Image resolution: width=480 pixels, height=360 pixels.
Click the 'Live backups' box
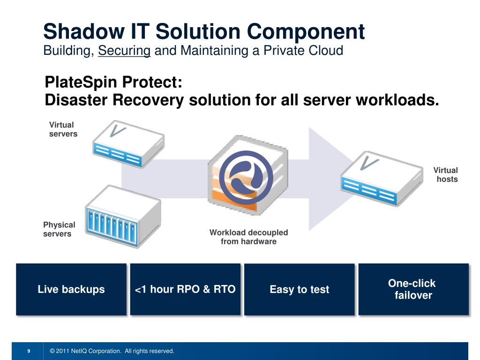click(x=71, y=289)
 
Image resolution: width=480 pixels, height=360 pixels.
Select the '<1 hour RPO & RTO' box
click(x=185, y=289)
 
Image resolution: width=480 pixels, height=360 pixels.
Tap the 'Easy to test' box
click(x=299, y=289)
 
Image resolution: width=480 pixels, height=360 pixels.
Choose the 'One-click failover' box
click(x=413, y=289)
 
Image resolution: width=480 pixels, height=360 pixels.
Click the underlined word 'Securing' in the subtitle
click(x=124, y=50)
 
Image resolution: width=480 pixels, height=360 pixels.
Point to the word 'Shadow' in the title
click(x=80, y=31)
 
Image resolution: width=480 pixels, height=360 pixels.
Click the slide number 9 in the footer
click(x=29, y=351)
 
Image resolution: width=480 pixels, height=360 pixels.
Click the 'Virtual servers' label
click(x=63, y=129)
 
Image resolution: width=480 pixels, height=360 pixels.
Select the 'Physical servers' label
click(x=59, y=229)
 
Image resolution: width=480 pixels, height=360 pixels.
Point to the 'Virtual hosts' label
click(x=446, y=174)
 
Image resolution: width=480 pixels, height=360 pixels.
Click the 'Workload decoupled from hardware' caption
click(x=248, y=237)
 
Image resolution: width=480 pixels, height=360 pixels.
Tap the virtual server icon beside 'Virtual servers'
click(x=127, y=143)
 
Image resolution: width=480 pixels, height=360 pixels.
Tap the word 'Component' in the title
click(x=306, y=31)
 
